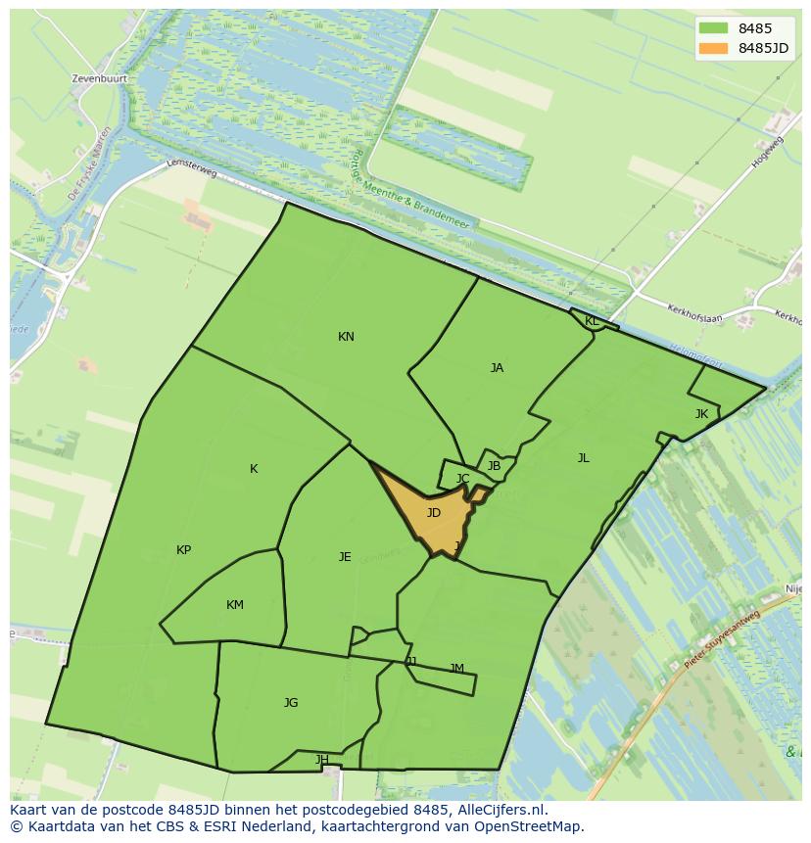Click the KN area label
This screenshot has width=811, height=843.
(346, 337)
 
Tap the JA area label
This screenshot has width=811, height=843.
(497, 368)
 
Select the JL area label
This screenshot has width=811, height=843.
(584, 458)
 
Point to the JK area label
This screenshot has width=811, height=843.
(701, 414)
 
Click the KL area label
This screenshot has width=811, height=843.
(592, 321)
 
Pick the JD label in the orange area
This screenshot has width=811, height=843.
(434, 513)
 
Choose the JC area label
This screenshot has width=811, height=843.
(463, 479)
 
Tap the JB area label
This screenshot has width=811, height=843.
(494, 466)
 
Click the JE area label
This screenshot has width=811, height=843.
(345, 557)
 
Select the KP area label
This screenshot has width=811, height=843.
(183, 550)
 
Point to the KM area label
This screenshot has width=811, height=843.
(235, 605)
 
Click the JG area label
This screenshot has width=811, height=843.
(291, 703)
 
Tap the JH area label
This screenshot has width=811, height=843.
(322, 760)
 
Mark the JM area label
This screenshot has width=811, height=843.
(456, 669)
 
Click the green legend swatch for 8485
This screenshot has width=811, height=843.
(714, 28)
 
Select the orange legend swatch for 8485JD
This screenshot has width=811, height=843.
(714, 48)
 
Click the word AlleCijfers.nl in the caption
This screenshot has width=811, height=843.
(499, 811)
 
